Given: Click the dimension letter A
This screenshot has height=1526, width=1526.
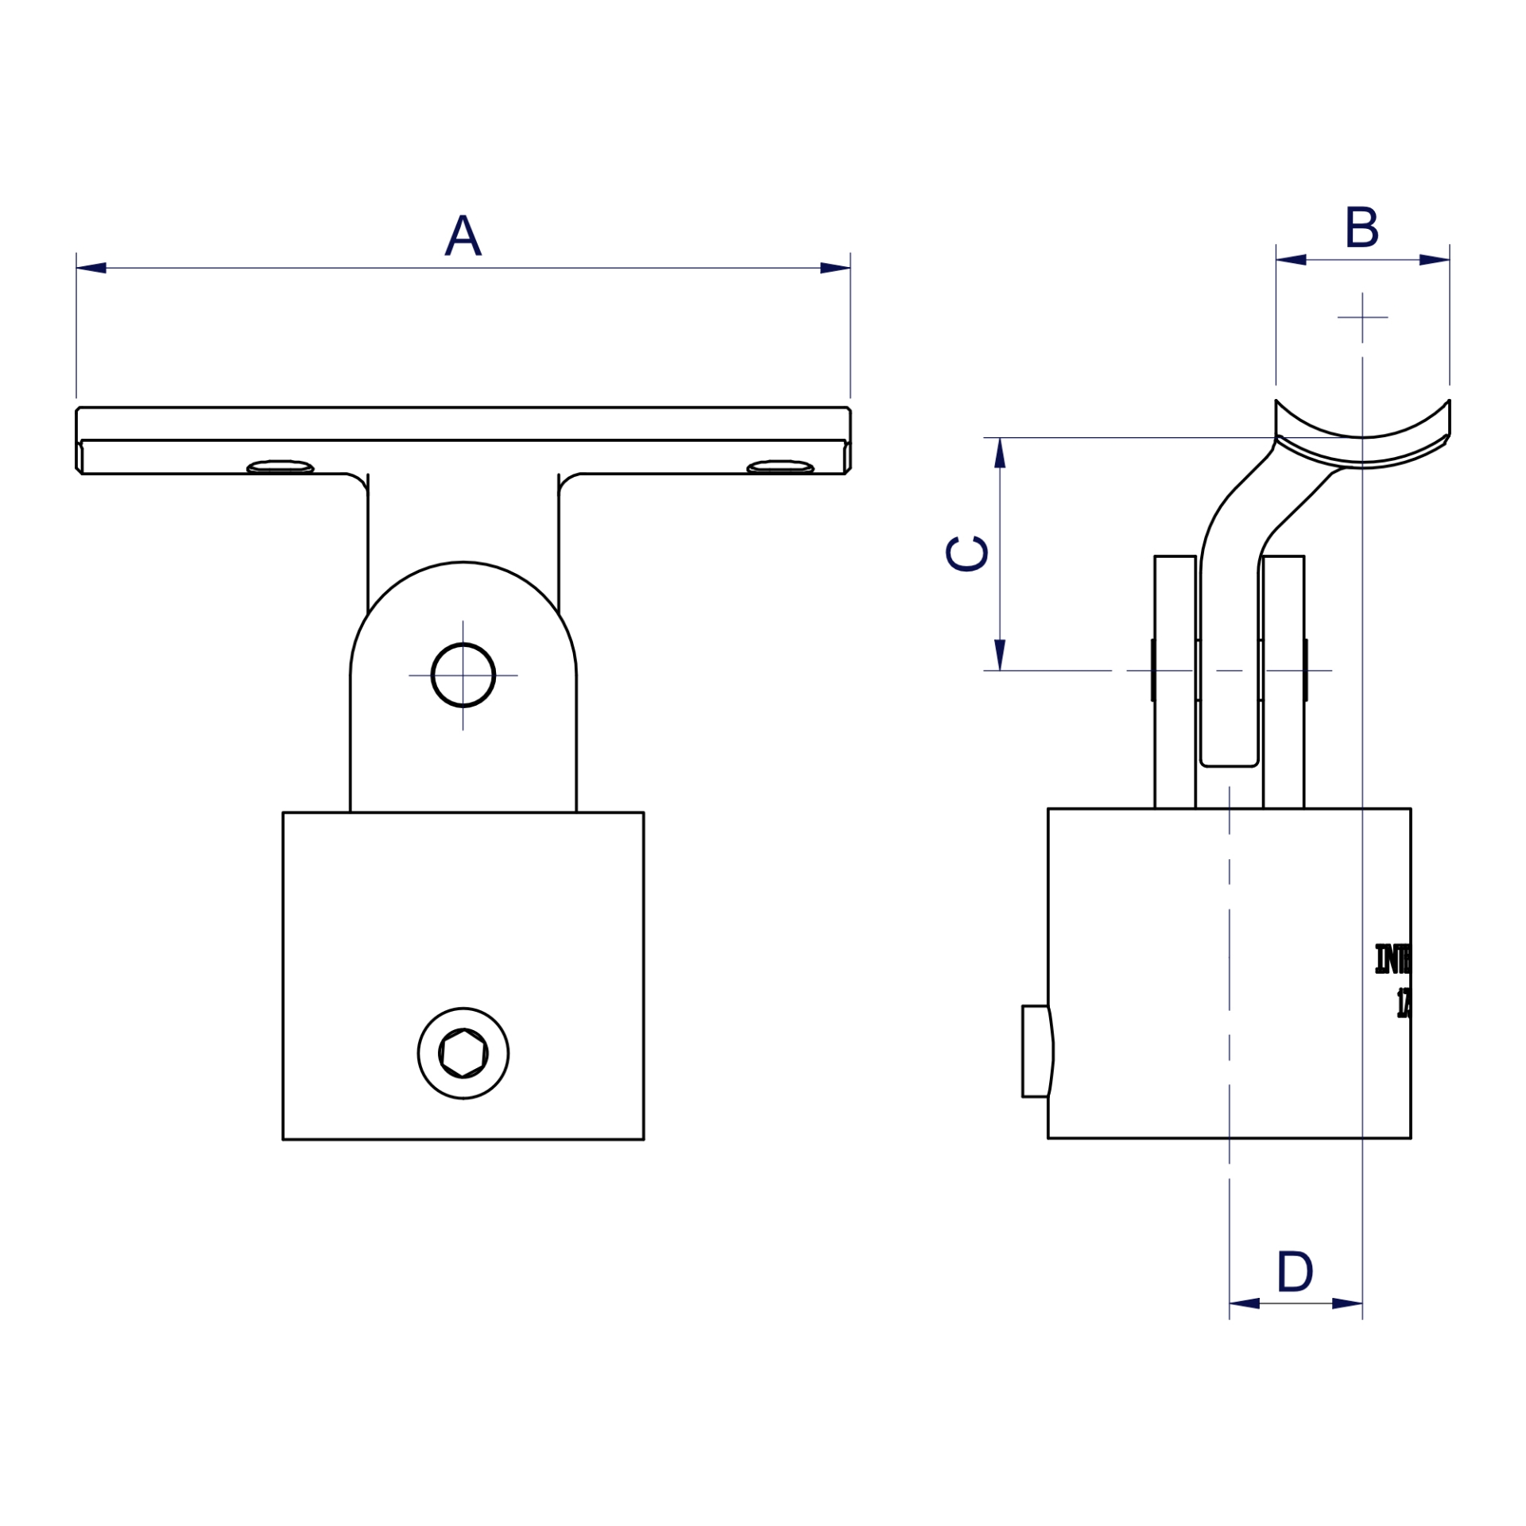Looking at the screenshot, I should (463, 236).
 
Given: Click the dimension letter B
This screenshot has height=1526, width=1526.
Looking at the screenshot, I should (1361, 229).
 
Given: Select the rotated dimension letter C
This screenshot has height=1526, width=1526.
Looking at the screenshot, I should (966, 553).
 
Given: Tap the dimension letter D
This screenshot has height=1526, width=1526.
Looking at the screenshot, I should (1295, 1272).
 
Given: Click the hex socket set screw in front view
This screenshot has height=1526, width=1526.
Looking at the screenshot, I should (463, 1054).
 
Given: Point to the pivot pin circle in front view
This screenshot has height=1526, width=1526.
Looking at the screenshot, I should (463, 675).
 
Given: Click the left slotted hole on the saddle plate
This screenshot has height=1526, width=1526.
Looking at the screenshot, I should (280, 467).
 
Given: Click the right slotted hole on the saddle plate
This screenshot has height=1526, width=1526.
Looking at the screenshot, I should (780, 467).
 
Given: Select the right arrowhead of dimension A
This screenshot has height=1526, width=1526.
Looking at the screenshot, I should (835, 268).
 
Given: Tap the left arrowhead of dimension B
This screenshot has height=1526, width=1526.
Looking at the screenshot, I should (1292, 260).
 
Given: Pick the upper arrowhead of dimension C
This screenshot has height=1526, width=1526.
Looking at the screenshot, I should (1000, 453).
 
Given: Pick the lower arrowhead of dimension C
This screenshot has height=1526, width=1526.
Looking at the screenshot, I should (1000, 654).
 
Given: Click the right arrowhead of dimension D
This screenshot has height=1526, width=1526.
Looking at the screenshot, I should (1346, 1303).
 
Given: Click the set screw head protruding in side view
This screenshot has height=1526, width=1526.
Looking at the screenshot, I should (1036, 1052).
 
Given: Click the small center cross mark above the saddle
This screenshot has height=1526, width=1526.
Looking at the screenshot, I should (1362, 317).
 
